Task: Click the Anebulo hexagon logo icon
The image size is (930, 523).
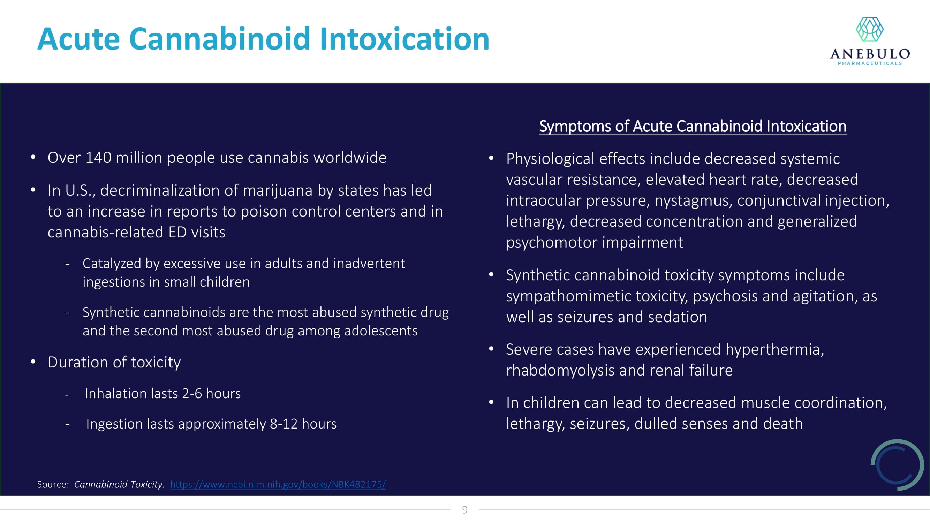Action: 870,30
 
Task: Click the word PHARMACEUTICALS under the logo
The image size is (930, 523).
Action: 870,63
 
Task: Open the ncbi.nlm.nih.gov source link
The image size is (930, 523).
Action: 278,484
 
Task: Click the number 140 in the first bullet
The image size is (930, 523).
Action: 98,158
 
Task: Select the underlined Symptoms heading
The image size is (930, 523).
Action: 693,126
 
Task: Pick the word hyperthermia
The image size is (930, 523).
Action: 775,350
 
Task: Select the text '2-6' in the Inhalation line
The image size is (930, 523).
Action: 192,393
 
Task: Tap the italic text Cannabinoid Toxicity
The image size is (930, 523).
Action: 119,484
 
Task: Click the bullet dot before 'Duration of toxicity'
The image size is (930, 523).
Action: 33,362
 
